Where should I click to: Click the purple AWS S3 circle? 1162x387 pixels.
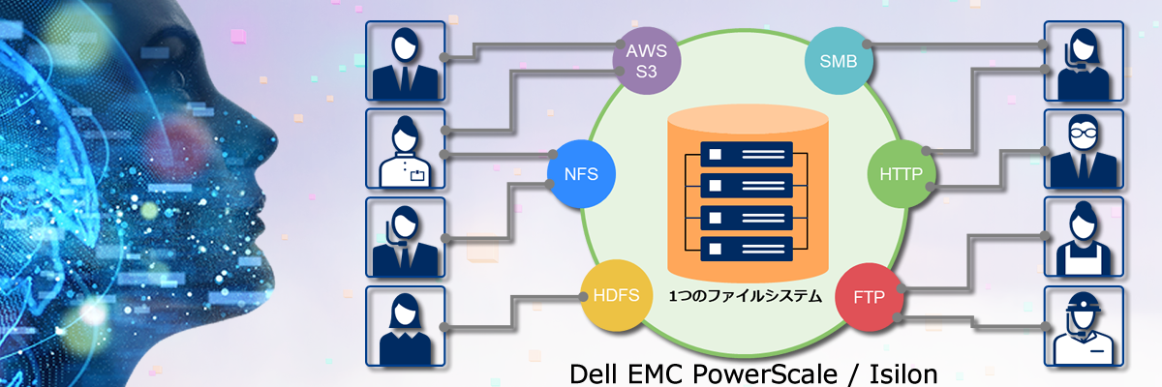647,61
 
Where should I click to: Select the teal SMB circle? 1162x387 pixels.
838,63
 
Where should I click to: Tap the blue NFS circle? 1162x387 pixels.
580,175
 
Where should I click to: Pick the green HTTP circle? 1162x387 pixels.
900,174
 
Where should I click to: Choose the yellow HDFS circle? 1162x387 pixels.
614,295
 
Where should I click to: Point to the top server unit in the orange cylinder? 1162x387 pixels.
746,154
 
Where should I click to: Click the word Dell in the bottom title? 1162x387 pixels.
594,373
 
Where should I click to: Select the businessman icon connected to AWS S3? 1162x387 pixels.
405,61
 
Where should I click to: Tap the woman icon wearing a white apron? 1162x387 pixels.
1084,237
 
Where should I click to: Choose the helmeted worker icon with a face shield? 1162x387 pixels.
1084,325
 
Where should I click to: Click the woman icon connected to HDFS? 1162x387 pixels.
405,325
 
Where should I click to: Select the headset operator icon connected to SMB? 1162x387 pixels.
1084,61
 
